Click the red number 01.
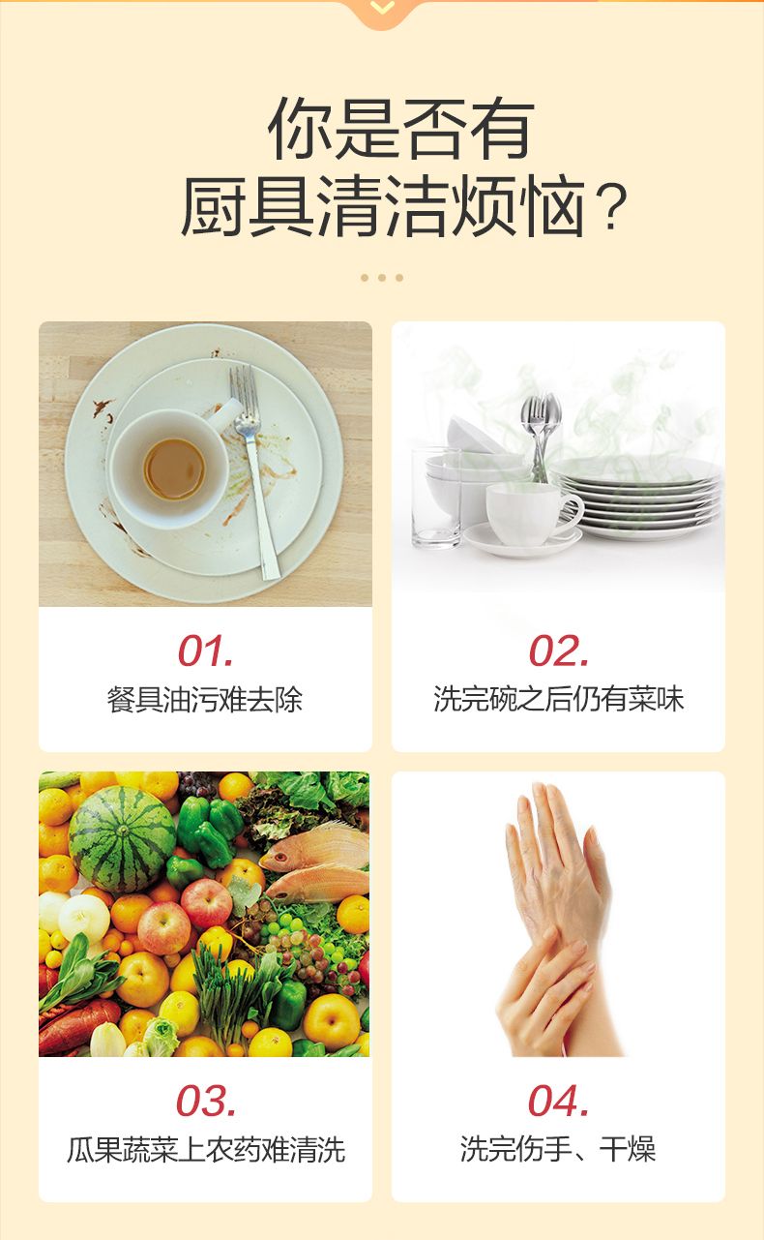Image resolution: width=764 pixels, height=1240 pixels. pyautogui.click(x=205, y=650)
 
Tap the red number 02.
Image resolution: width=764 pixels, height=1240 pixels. pyautogui.click(x=559, y=650)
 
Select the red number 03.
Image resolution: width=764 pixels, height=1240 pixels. pyautogui.click(x=205, y=1101)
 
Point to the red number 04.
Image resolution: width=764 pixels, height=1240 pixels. pyautogui.click(x=559, y=1101)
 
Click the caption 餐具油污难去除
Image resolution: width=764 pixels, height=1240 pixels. pyautogui.click(x=205, y=700)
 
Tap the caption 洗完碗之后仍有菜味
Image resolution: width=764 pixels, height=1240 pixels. pyautogui.click(x=559, y=699)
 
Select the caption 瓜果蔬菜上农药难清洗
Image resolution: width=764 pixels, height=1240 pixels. pyautogui.click(x=206, y=1150)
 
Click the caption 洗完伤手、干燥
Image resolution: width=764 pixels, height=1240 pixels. pyautogui.click(x=558, y=1149)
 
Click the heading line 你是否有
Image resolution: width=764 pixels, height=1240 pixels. pyautogui.click(x=401, y=129)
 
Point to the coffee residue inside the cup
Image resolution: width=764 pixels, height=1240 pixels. pyautogui.click(x=174, y=469)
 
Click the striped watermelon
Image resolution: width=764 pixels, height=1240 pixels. pyautogui.click(x=123, y=840)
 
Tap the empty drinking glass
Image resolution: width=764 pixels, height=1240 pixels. pyautogui.click(x=436, y=499)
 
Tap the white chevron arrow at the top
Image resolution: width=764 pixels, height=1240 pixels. pyautogui.click(x=382, y=7)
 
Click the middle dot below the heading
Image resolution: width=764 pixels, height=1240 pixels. pyautogui.click(x=382, y=278)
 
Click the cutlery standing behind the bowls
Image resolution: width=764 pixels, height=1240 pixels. pyautogui.click(x=541, y=437)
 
